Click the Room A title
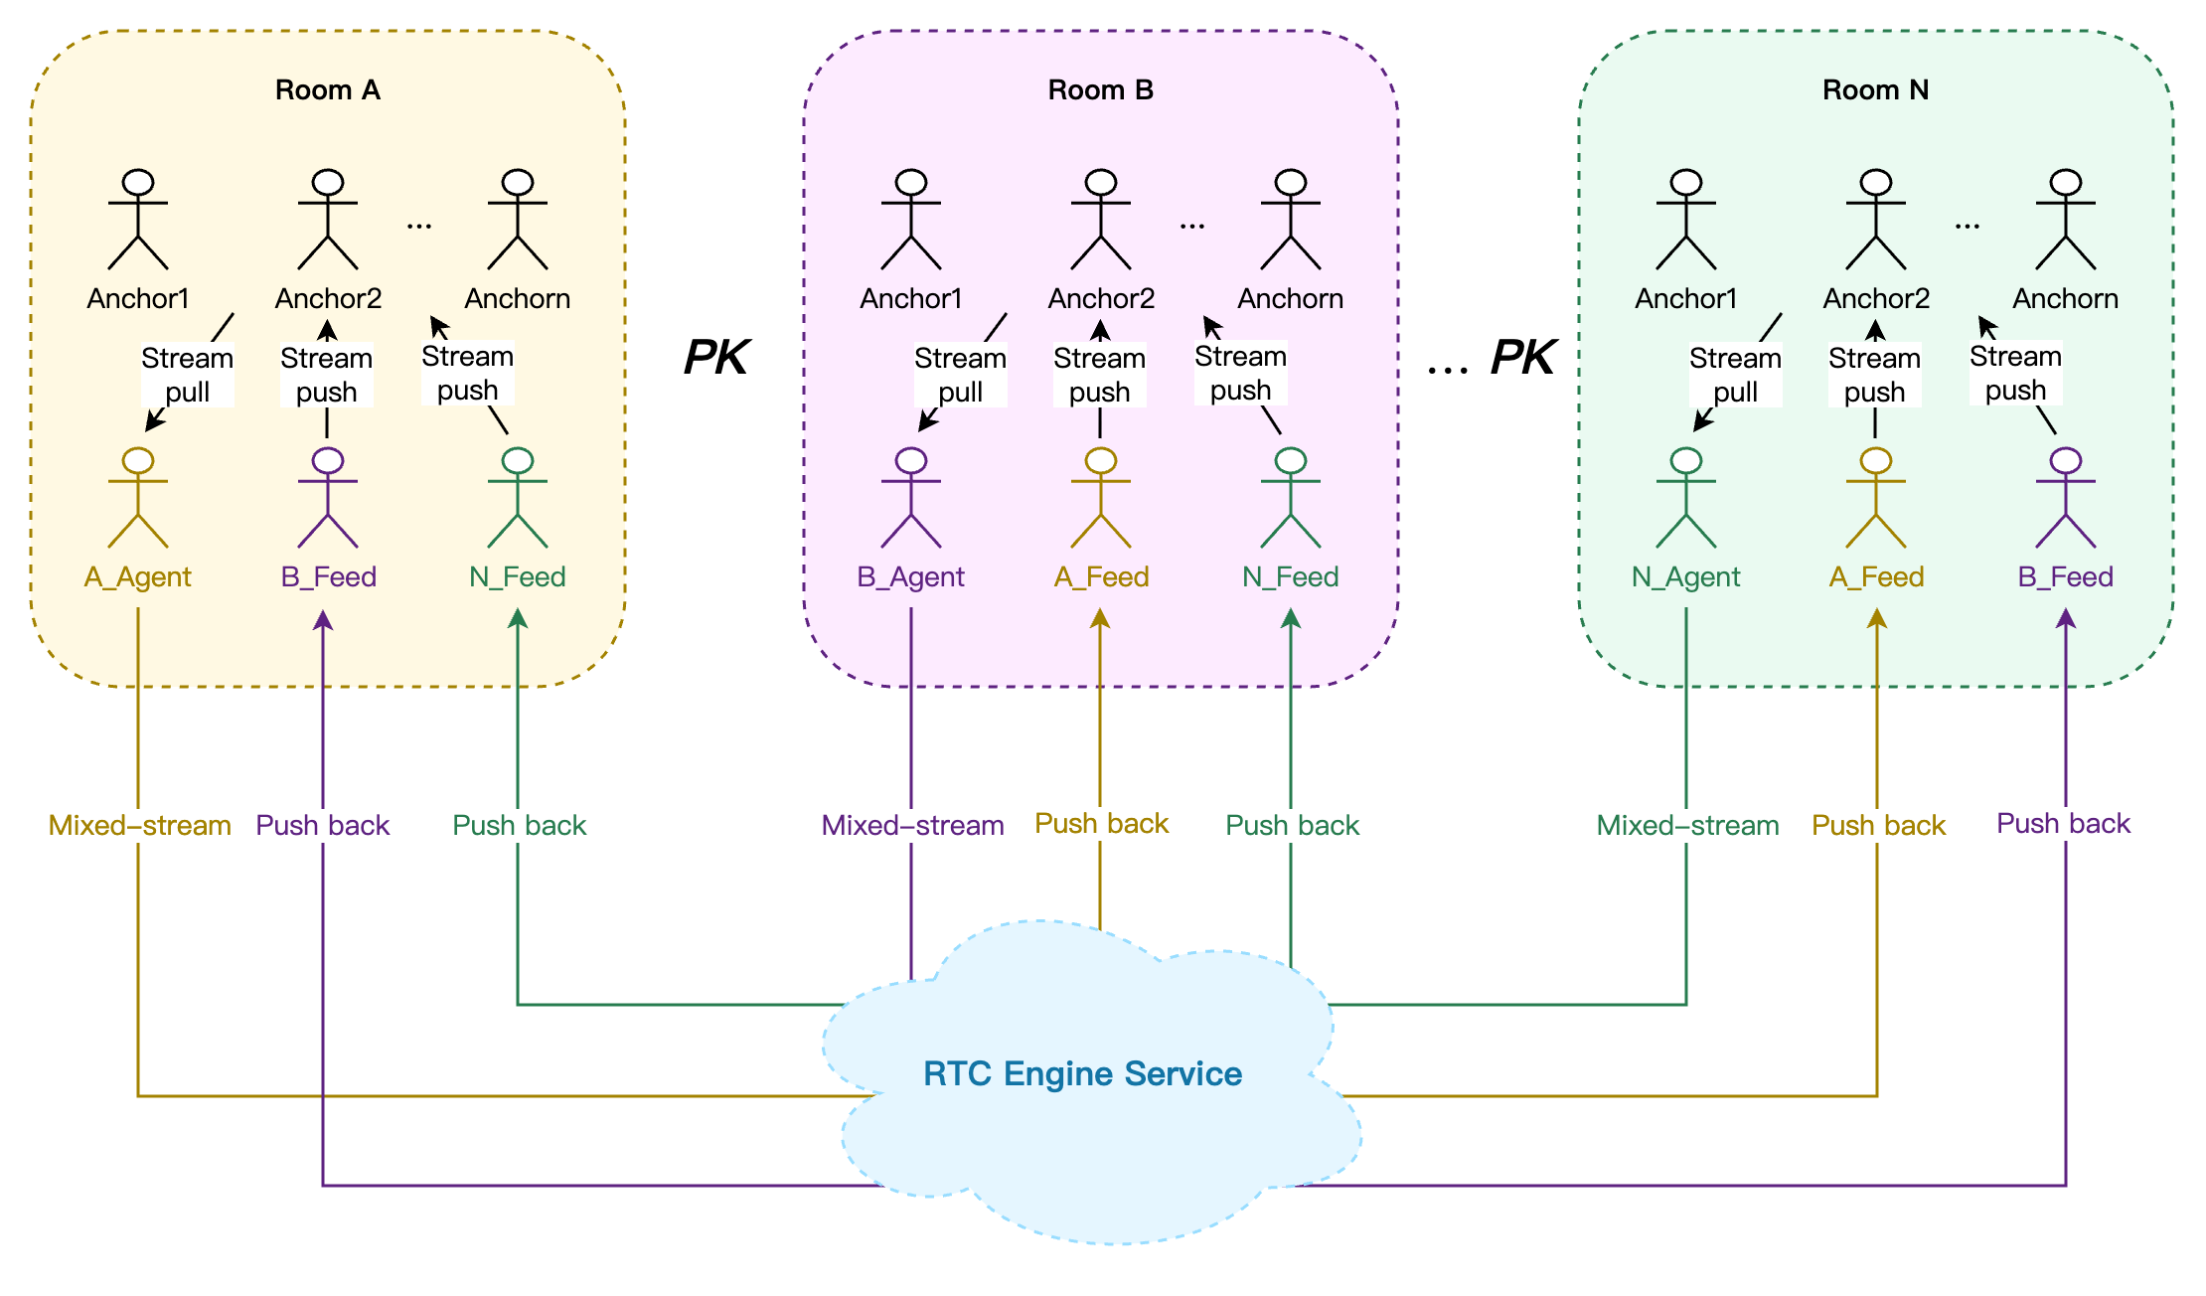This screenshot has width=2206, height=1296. coord(327,90)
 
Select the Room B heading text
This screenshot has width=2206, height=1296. coord(1100,90)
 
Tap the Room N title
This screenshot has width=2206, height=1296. coord(1875,90)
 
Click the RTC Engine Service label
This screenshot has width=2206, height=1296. coord(1082,1073)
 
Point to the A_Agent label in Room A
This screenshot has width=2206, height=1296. coord(138,576)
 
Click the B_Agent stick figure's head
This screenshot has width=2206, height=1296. coord(911,461)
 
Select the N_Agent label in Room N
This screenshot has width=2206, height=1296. coord(1685,576)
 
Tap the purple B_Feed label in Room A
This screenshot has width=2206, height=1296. coord(328,576)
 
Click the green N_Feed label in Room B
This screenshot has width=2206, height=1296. coord(1290,576)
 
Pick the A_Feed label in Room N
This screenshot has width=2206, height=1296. coord(1876,576)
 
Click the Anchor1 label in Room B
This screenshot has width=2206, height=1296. coord(911,298)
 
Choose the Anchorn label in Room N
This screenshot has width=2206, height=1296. coord(2065,298)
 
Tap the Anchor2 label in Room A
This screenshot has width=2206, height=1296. coord(328,298)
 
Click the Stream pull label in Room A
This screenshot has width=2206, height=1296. coord(187,375)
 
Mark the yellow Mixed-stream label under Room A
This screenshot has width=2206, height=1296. coord(139,825)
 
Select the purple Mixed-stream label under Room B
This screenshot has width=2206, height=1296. coord(912,825)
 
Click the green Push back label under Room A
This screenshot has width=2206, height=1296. coord(519,825)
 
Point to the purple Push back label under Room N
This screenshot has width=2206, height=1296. coord(2063,823)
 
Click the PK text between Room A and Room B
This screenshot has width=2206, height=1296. coord(716,357)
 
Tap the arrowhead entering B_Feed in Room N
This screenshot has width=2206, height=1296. coord(2066,618)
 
